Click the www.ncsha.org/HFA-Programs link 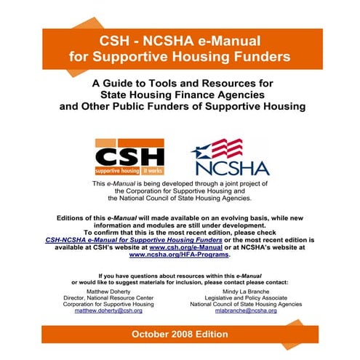(x=179, y=255)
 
